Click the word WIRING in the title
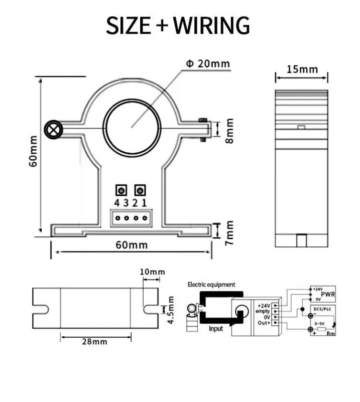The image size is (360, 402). pyautogui.click(x=211, y=25)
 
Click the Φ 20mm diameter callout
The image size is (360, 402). pyautogui.click(x=207, y=64)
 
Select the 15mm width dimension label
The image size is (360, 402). pyautogui.click(x=302, y=69)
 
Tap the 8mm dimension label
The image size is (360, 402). pyautogui.click(x=229, y=130)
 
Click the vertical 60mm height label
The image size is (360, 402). pyautogui.click(x=33, y=151)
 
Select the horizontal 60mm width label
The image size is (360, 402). pyautogui.click(x=132, y=245)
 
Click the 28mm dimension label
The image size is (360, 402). pyautogui.click(x=94, y=341)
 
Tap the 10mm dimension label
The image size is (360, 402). pyautogui.click(x=152, y=272)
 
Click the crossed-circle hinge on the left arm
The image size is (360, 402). pyautogui.click(x=52, y=130)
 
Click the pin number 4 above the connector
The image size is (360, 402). pyautogui.click(x=116, y=203)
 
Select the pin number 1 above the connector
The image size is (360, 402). pyautogui.click(x=144, y=203)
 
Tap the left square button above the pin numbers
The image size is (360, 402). pyautogui.click(x=122, y=190)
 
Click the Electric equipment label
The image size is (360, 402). pyautogui.click(x=211, y=284)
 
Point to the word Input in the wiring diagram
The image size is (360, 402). pyautogui.click(x=215, y=329)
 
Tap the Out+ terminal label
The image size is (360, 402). pyautogui.click(x=264, y=323)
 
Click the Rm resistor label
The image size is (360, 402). pyautogui.click(x=331, y=333)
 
